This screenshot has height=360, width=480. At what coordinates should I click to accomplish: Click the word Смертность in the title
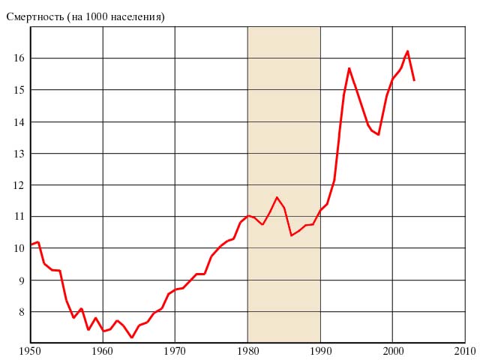point(34,16)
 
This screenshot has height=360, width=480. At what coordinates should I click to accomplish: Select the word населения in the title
point(138,16)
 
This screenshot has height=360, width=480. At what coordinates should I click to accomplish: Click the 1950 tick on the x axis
point(30,350)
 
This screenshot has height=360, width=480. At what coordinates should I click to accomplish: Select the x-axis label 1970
point(175,350)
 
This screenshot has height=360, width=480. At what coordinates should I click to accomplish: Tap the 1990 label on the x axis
point(320,350)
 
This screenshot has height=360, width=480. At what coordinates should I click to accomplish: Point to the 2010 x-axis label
point(464,350)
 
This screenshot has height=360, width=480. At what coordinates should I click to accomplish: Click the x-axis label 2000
point(392,350)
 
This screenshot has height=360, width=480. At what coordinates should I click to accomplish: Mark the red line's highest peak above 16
point(407,51)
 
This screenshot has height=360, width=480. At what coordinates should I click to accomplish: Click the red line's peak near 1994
point(349,68)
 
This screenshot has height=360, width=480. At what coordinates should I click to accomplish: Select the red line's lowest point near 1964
point(132,337)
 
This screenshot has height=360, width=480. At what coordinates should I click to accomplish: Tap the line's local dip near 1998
point(378,135)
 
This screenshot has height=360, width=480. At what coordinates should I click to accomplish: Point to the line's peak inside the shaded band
point(277,197)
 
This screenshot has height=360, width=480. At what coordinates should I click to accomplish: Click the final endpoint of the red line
point(414,80)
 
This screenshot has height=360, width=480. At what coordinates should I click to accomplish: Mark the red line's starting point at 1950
point(31,244)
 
